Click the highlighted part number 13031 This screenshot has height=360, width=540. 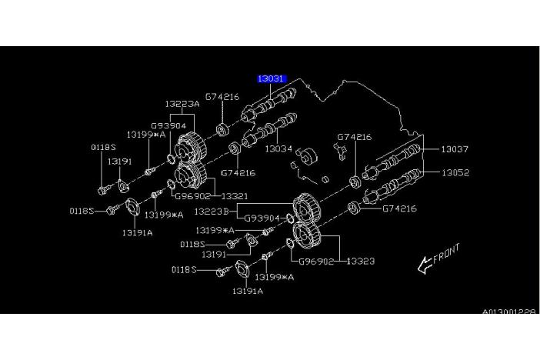[271, 78]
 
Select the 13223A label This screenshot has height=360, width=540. [182, 104]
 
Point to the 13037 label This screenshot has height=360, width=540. [455, 149]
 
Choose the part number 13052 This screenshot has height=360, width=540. [455, 173]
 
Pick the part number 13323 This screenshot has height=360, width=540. [360, 262]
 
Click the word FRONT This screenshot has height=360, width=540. [447, 255]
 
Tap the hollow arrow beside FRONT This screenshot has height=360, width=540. [425, 265]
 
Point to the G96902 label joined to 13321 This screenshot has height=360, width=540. [193, 195]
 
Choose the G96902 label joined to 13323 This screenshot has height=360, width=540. [316, 262]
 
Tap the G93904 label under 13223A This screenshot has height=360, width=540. [168, 125]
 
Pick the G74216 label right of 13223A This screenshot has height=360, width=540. [222, 97]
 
